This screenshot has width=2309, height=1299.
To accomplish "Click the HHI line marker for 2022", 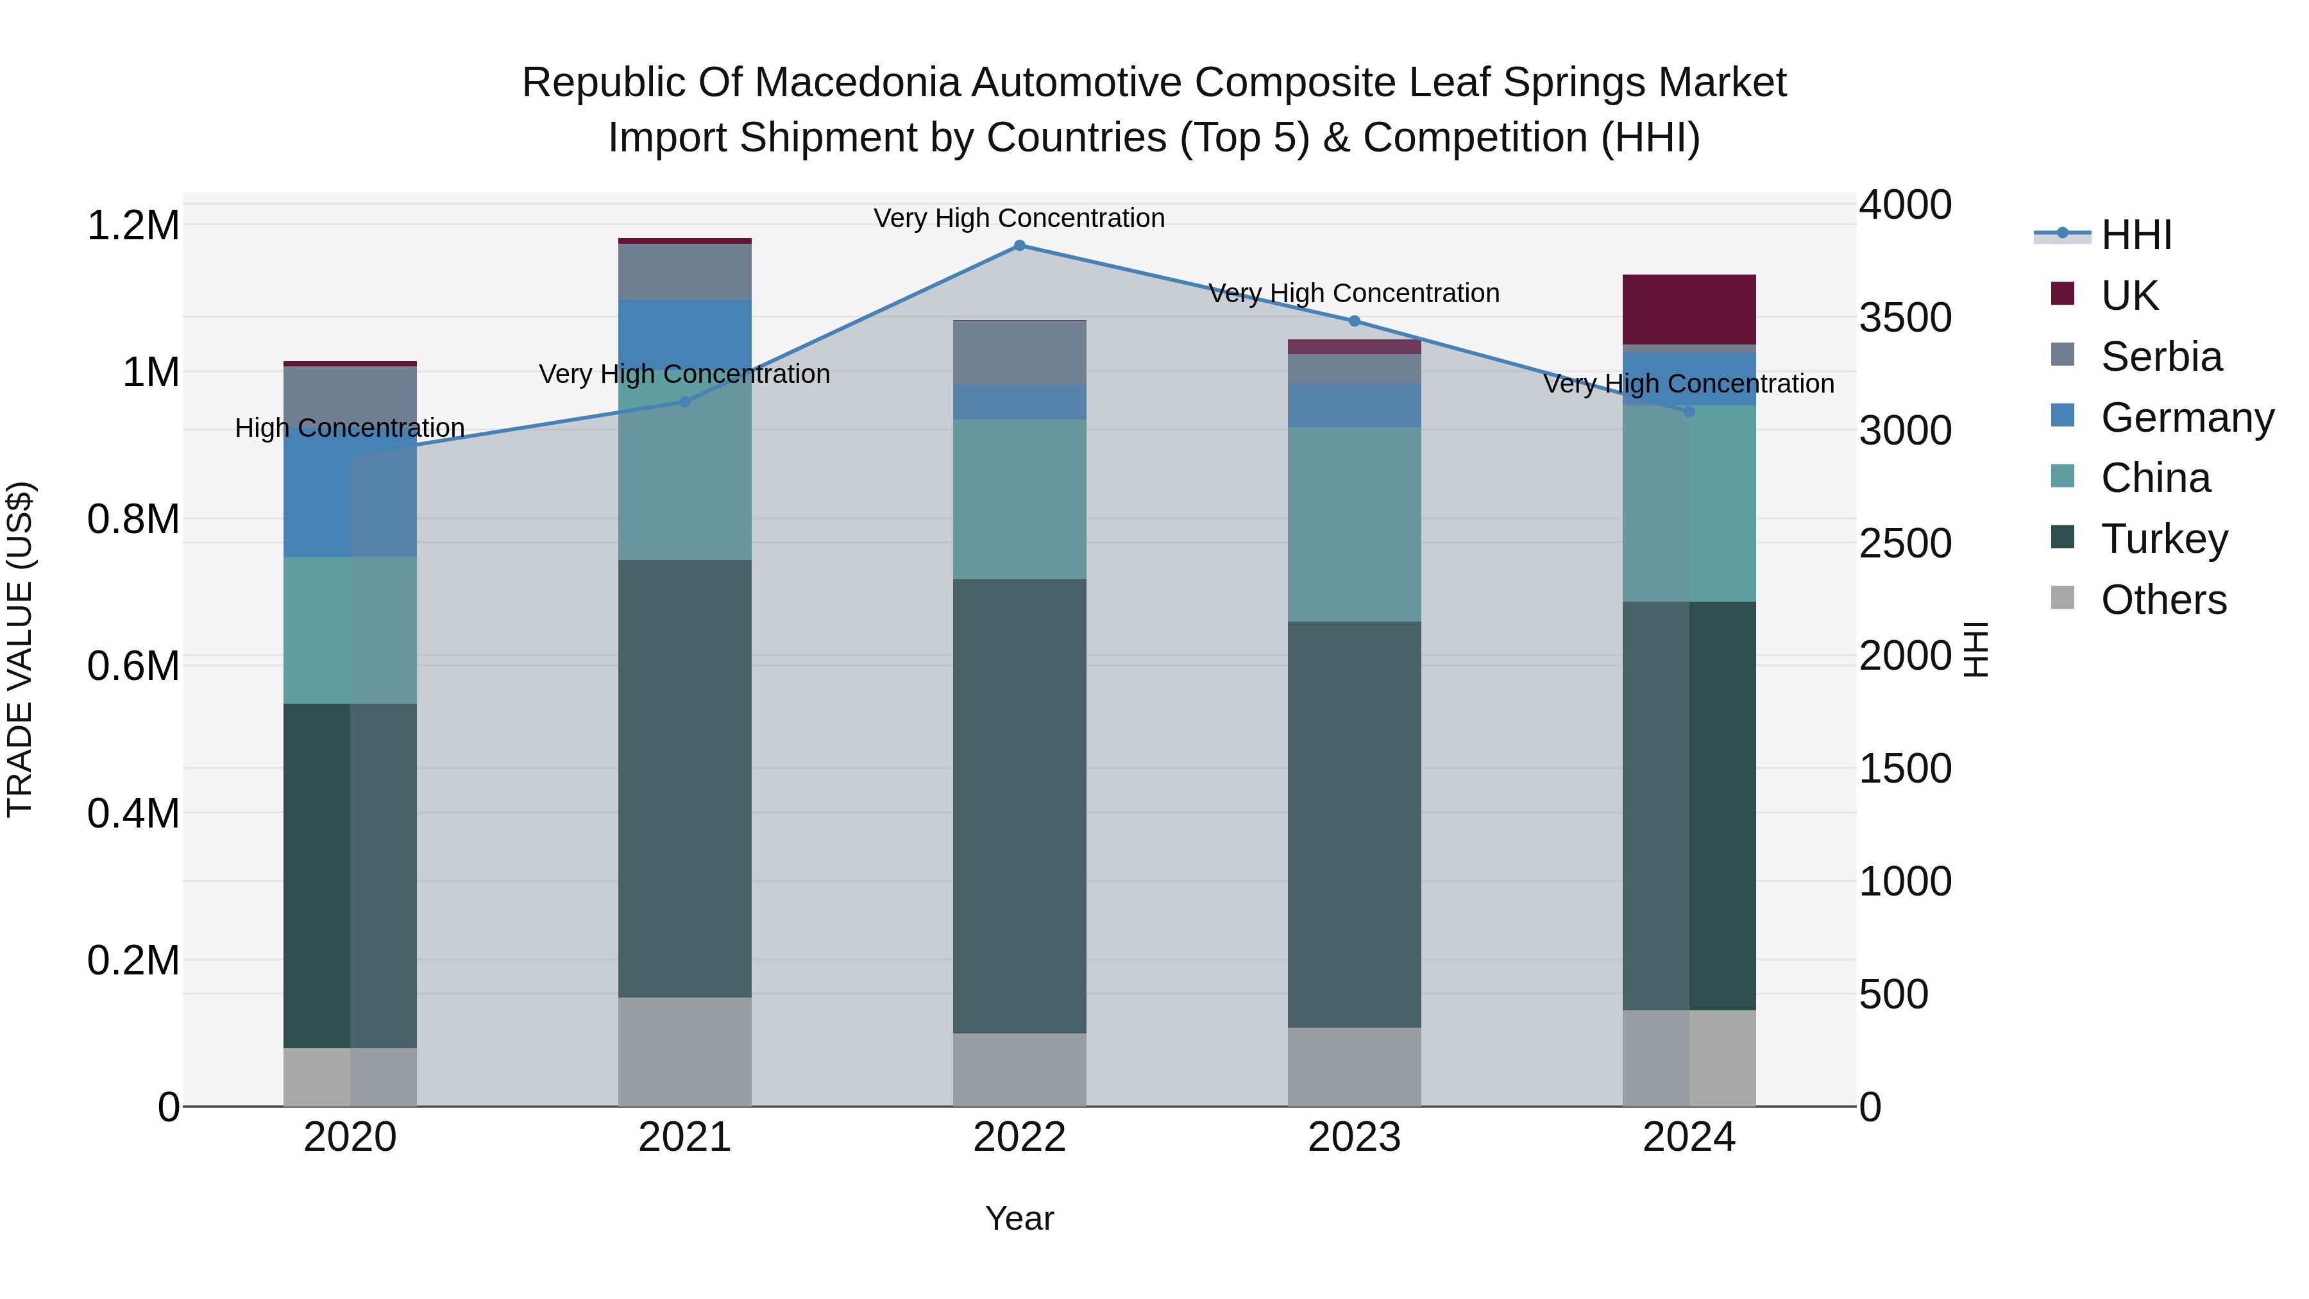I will [x=1019, y=246].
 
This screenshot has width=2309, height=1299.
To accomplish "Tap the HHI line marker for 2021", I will [x=685, y=402].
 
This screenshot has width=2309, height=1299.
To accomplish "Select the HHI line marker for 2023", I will [x=1355, y=321].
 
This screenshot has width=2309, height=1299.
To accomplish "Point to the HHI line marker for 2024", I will [x=1689, y=411].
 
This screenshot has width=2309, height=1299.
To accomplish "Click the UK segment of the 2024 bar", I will [x=1689, y=309].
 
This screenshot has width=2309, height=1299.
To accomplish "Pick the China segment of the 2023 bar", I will [x=1355, y=525].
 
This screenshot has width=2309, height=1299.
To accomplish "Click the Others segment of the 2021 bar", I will [x=685, y=1051].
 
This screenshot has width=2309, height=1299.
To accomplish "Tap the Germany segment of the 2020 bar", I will [x=350, y=498].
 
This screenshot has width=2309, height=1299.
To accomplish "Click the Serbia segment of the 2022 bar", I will [x=1019, y=352].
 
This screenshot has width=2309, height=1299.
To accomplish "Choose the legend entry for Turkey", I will [x=2164, y=539].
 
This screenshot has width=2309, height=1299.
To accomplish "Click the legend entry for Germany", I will [x=2186, y=418].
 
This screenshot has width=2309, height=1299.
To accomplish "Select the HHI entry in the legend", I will [x=2136, y=235].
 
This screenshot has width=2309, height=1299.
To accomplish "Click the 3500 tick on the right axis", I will [x=1905, y=318].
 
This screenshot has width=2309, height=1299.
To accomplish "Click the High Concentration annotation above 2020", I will [x=350, y=428].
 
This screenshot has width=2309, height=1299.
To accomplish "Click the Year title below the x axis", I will [x=1019, y=1218].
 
